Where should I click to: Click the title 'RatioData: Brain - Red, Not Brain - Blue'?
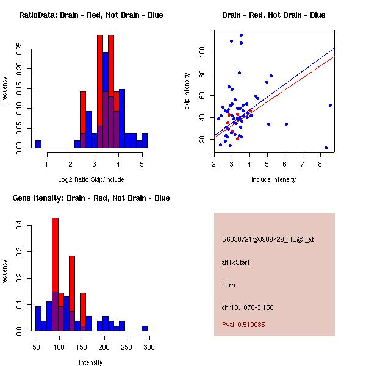click(91, 15)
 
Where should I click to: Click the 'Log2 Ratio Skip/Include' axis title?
click(91, 179)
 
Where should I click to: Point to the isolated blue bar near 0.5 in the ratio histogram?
click(38, 144)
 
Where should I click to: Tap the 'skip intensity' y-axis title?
click(187, 91)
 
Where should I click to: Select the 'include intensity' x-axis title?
click(274, 179)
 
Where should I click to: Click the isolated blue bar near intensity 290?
click(145, 328)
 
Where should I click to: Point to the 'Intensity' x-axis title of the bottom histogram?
click(91, 362)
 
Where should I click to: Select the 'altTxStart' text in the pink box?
click(236, 262)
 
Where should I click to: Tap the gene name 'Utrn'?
click(229, 285)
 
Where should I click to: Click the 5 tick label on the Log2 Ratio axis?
click(142, 163)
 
